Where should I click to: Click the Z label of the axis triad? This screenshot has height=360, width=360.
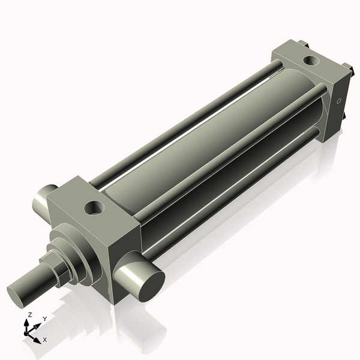pos(29,314)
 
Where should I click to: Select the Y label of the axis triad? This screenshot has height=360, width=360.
pos(44,319)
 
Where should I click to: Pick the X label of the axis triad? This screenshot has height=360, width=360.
pos(45,340)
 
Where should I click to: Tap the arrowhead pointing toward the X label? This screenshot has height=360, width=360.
pos(38,338)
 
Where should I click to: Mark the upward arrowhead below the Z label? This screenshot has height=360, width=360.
pos(28,322)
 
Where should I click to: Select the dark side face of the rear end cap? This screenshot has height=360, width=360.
pos(336,108)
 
